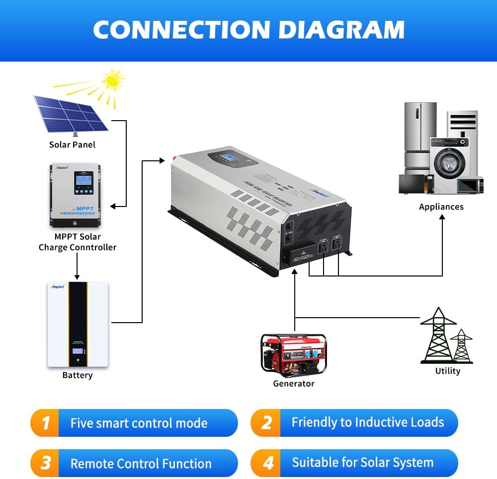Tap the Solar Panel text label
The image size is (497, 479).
(x=72, y=144)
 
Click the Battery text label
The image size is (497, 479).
(x=77, y=375)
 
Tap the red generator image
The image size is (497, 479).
(x=293, y=354)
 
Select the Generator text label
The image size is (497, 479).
(x=293, y=384)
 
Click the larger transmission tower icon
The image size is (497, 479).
(x=438, y=335)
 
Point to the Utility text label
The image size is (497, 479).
(x=447, y=371)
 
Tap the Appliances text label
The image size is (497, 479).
(x=441, y=207)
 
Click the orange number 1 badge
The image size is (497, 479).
(x=46, y=423)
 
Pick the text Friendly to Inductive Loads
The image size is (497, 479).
(x=367, y=422)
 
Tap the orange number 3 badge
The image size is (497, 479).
(x=46, y=463)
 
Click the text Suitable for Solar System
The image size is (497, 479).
(x=362, y=463)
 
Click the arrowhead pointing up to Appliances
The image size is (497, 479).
(x=442, y=219)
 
